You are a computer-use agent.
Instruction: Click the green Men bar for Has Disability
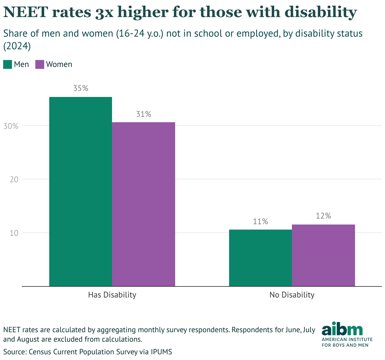(x=81, y=191)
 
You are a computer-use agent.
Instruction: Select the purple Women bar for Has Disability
(x=144, y=204)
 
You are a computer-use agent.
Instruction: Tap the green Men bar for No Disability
(x=260, y=258)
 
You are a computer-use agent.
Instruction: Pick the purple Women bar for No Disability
(x=323, y=255)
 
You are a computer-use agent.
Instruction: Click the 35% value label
(x=81, y=88)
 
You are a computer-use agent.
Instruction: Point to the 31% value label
(x=144, y=114)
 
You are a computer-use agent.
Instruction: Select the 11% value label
(x=260, y=221)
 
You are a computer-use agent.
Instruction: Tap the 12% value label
(x=323, y=216)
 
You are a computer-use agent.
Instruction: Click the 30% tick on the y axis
(x=11, y=126)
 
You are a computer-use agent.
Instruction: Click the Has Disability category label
(x=112, y=295)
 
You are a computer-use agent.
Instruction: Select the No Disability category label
(x=292, y=295)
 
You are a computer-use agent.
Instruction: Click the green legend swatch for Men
(x=8, y=64)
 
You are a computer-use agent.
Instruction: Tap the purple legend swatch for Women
(x=40, y=64)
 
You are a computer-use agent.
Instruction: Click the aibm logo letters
(x=342, y=329)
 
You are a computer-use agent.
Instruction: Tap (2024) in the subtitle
(x=17, y=46)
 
